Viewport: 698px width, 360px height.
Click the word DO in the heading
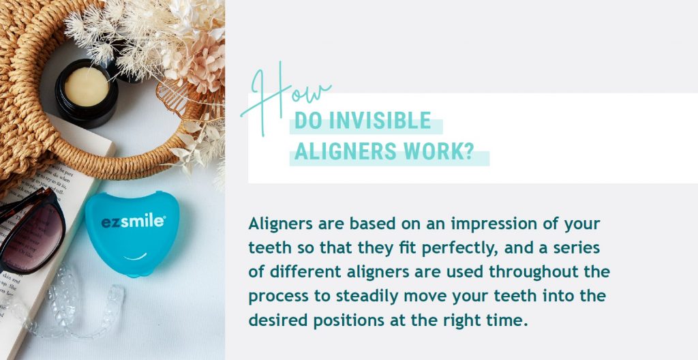(309, 120)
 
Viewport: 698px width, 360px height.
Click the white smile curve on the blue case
(136, 256)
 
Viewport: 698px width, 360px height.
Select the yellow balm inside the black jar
(87, 87)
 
